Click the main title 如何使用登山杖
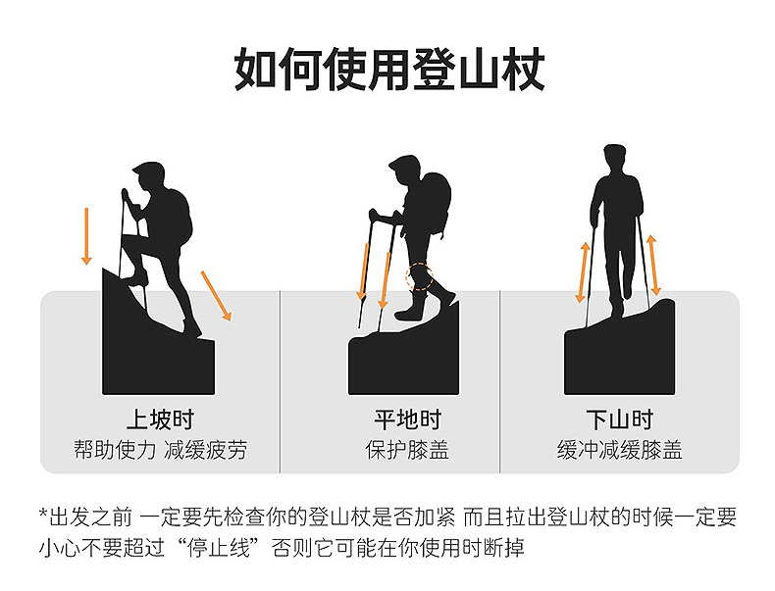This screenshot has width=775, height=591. tap(389, 70)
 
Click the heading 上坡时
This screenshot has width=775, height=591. tap(160, 419)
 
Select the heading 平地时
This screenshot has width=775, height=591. tap(407, 419)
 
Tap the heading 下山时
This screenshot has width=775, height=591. tap(619, 419)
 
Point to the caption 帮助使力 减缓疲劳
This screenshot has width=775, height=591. tap(160, 450)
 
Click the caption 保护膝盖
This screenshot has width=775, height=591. tap(407, 450)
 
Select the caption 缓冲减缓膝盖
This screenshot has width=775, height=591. tap(619, 450)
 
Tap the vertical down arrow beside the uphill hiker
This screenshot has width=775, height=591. tap(86, 236)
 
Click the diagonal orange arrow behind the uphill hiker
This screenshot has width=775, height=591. tap(216, 296)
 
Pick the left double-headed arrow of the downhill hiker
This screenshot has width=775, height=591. tap(584, 272)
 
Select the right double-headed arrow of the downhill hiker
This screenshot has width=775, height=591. tap(653, 266)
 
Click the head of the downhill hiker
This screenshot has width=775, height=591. tap(614, 159)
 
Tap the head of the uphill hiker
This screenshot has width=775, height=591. tap(149, 178)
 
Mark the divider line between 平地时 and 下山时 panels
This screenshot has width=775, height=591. tap(500, 381)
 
